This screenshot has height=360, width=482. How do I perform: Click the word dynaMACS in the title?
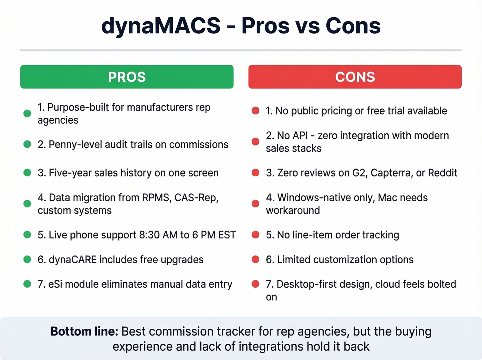pyautogui.click(x=161, y=26)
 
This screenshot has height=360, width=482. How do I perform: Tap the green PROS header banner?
pyautogui.click(x=127, y=77)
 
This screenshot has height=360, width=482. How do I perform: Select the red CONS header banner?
pyautogui.click(x=355, y=77)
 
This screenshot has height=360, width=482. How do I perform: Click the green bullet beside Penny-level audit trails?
pyautogui.click(x=27, y=144)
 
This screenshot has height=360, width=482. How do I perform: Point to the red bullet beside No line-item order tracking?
pyautogui.click(x=255, y=235)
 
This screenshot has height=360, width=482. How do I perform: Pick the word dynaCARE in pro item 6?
pyautogui.click(x=72, y=260)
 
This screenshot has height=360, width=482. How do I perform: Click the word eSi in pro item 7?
pyautogui.click(x=55, y=284)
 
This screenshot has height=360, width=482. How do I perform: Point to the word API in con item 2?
pyautogui.click(x=300, y=136)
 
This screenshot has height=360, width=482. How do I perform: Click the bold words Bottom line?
pyautogui.click(x=84, y=331)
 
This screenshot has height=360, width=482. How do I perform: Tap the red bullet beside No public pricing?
pyautogui.click(x=255, y=111)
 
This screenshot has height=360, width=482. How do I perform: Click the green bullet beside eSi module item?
pyautogui.click(x=27, y=284)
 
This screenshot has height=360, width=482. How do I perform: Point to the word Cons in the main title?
pyautogui.click(x=353, y=26)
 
